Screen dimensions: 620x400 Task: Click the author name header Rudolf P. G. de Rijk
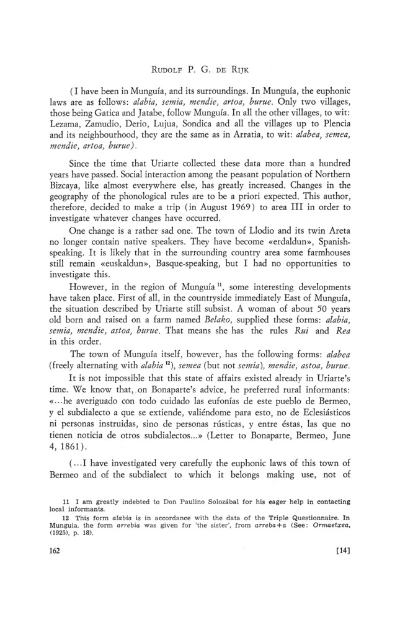point(200,60)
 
